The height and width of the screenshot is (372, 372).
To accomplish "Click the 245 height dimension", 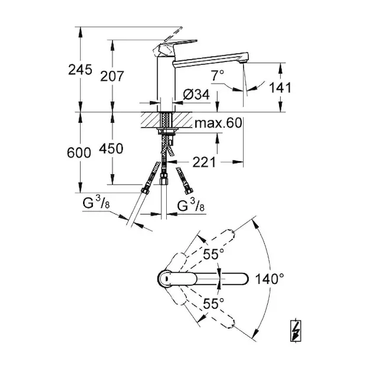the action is pyautogui.click(x=80, y=69).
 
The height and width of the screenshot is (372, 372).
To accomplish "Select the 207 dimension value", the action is pyautogui.click(x=112, y=76).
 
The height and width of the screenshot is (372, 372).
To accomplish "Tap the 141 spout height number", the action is pyautogui.click(x=280, y=88).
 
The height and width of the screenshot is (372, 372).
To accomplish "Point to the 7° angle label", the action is pyautogui.click(x=218, y=76).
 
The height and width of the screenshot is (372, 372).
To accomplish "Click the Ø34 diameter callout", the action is pyautogui.click(x=196, y=94).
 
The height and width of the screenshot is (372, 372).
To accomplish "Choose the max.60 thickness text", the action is pyautogui.click(x=218, y=123).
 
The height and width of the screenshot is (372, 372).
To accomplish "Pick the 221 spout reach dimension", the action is pyautogui.click(x=204, y=162).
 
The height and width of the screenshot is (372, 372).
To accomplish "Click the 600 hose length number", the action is pyautogui.click(x=79, y=153).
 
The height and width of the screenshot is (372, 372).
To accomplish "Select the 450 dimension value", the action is pyautogui.click(x=111, y=149).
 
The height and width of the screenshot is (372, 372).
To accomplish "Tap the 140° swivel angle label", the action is pyautogui.click(x=269, y=279).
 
